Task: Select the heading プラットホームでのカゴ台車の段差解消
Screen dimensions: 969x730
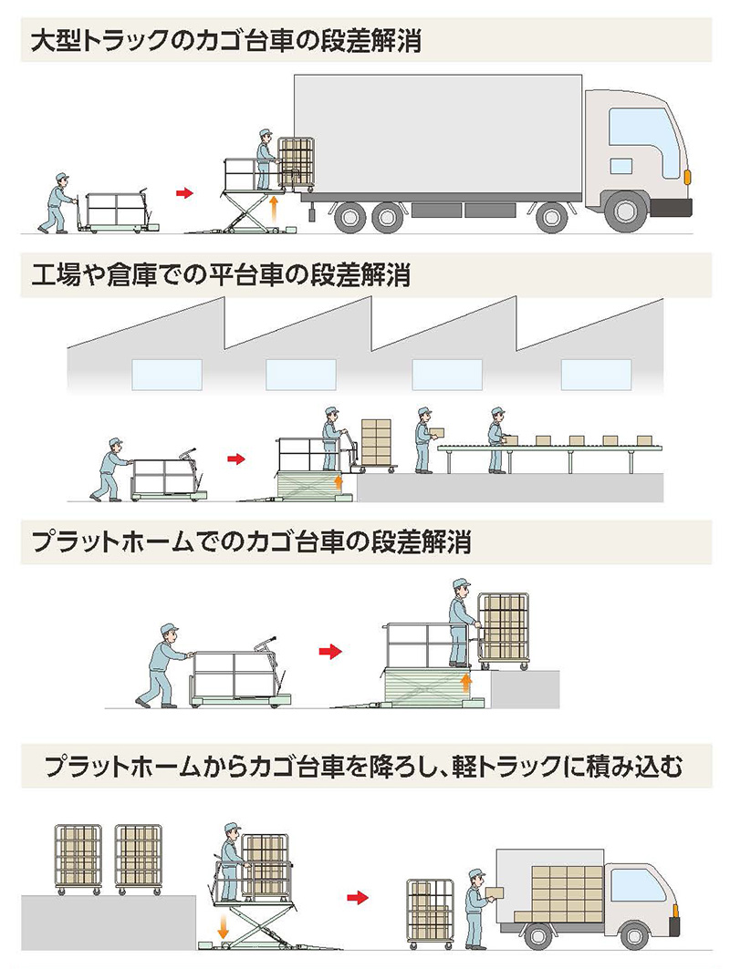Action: [x=251, y=543]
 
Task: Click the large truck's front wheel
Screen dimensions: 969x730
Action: [x=627, y=211]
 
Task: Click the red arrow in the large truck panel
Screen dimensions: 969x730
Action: [x=186, y=193]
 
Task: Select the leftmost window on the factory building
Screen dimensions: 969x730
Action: [x=167, y=374]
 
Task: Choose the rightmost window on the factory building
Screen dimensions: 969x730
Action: [x=595, y=375]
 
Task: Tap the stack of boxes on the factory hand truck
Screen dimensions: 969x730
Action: [x=376, y=441]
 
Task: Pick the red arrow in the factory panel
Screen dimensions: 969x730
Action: [x=236, y=459]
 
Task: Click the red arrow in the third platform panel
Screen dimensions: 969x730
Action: [x=328, y=651]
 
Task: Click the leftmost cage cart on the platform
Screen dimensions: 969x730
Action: [x=78, y=857]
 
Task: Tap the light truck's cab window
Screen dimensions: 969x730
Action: [x=638, y=885]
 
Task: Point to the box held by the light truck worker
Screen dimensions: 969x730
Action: [x=494, y=892]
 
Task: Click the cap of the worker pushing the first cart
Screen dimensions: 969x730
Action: [x=62, y=176]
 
